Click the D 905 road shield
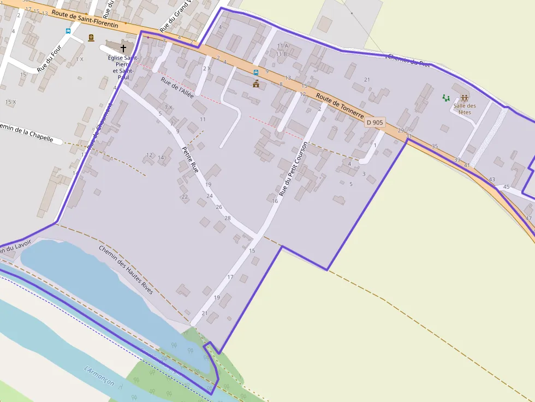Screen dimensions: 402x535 [375, 123]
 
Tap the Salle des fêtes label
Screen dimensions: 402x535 [464, 109]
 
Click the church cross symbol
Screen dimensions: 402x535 [123, 48]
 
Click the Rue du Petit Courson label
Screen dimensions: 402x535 [294, 169]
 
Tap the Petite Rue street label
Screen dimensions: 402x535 [190, 160]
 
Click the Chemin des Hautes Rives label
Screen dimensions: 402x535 [126, 270]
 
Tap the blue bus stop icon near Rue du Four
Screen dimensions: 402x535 [68, 32]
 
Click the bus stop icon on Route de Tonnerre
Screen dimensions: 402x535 [255, 72]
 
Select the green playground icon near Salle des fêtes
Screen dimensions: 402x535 [447, 98]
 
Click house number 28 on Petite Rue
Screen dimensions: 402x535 [227, 218]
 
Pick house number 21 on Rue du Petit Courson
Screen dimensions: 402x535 [205, 313]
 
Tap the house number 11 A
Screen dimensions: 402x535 [282, 46]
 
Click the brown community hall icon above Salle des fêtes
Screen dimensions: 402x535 [465, 98]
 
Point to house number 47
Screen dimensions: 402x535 [528, 218]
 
